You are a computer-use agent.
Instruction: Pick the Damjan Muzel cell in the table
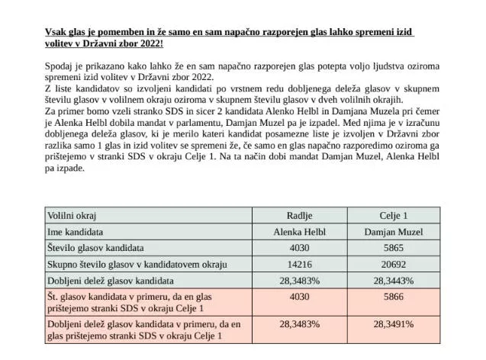click(x=394, y=230)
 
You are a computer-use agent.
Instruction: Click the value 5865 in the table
click(x=394, y=247)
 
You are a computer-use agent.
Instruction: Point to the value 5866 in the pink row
click(x=394, y=296)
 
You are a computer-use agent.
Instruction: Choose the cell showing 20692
click(x=394, y=263)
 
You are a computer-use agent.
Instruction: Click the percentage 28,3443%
click(x=394, y=279)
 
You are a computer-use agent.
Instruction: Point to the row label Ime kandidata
click(x=76, y=230)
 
